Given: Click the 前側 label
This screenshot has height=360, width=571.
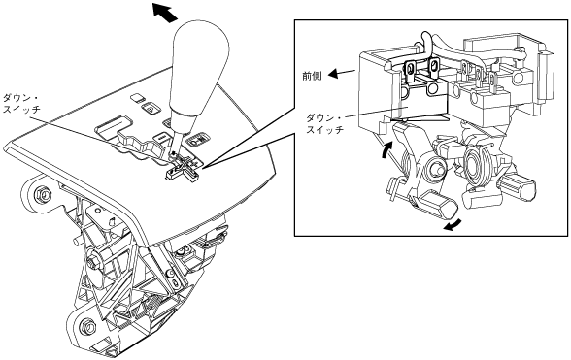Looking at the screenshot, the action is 312,76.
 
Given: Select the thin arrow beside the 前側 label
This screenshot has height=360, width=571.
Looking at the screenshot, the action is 342,73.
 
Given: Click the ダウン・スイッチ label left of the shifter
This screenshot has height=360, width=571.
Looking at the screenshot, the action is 21,104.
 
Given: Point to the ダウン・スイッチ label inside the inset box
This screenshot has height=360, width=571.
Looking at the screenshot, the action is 324,124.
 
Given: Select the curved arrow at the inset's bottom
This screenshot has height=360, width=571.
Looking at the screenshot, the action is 453,226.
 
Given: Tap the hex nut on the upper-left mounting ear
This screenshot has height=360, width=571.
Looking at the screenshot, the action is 43,195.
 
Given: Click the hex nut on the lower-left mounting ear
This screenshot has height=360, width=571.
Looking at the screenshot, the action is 87,324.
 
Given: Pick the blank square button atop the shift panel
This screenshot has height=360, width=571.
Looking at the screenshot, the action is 137,97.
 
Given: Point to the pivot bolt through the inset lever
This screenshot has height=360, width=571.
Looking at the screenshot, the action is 433,168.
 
